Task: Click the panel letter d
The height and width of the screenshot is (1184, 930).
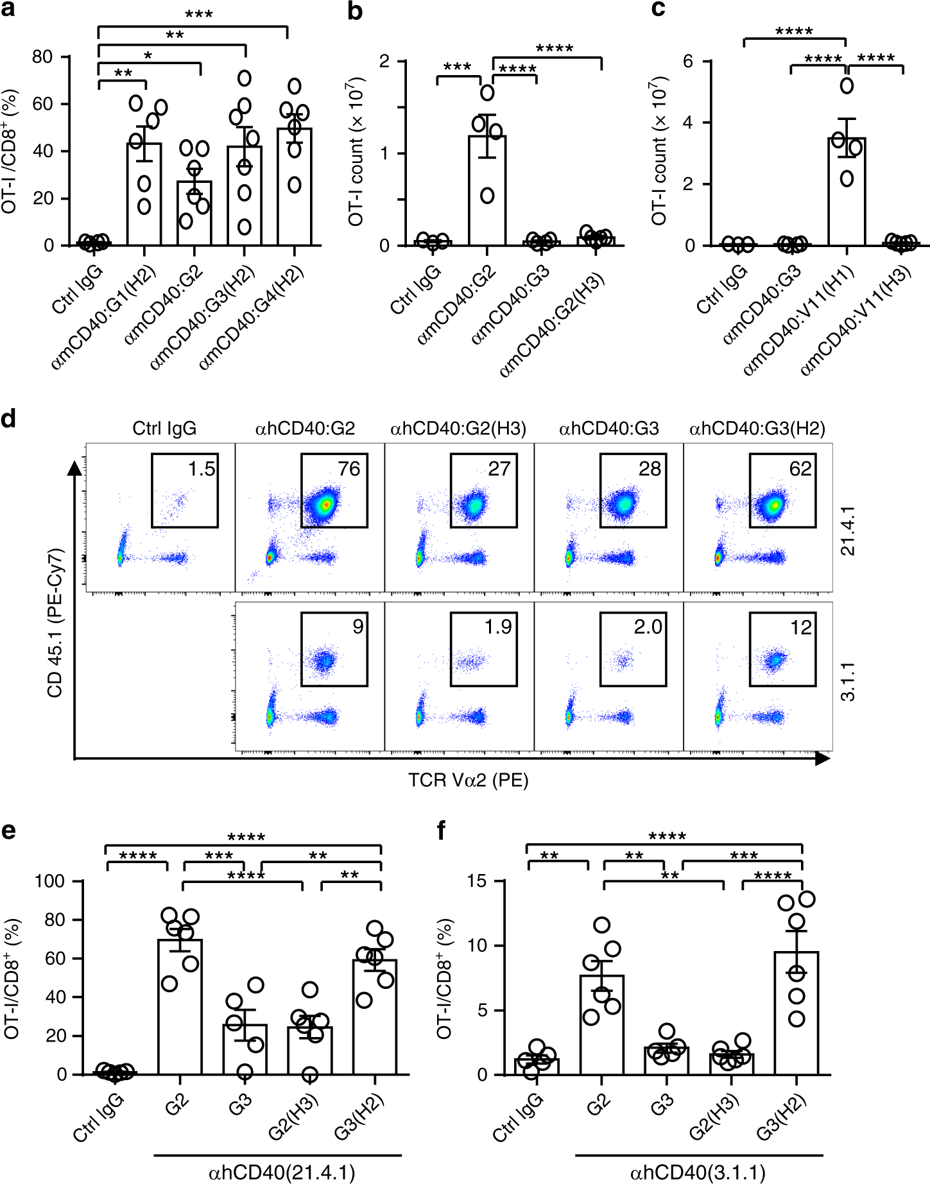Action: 9,419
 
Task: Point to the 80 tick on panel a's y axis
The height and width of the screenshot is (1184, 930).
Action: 43,57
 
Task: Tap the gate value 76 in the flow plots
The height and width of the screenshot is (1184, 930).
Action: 349,469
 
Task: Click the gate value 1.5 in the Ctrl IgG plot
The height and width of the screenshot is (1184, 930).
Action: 201,469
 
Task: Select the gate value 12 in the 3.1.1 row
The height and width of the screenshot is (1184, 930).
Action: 801,627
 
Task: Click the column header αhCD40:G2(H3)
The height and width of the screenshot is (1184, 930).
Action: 458,429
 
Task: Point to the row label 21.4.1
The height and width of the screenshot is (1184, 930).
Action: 848,530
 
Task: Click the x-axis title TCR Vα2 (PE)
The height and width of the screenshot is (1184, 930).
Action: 469,780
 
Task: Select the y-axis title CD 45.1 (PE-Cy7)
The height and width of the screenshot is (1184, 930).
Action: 55,622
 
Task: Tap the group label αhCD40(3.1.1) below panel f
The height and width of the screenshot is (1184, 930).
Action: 698,1173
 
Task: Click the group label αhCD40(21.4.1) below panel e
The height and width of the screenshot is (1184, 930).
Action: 282,1173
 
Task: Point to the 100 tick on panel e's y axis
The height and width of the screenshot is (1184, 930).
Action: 50,881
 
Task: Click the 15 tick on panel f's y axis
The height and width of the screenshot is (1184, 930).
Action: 477,881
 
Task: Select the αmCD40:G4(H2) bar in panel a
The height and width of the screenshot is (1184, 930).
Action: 295,187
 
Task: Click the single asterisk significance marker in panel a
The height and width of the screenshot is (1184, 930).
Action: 148,56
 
